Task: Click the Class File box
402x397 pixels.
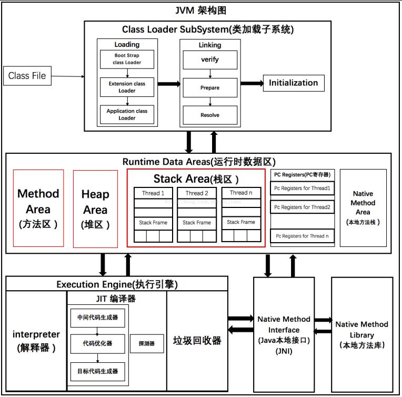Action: coord(27,76)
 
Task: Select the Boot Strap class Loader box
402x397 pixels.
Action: coord(127,59)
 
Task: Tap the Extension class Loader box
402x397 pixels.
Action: coord(127,87)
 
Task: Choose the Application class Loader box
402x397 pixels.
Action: coord(127,114)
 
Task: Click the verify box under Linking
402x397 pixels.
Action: coord(209,59)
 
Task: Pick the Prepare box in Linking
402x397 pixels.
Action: coord(209,87)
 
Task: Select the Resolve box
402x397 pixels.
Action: coord(209,115)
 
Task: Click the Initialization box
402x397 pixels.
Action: coord(293,83)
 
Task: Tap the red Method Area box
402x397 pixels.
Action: coord(38,208)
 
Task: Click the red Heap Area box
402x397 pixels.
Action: coord(95,208)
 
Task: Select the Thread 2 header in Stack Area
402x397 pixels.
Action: coord(197,193)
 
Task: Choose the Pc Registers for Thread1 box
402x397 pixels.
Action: coord(302,188)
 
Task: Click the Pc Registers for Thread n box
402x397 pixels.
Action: coord(302,236)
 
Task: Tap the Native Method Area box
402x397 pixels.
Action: coord(363,207)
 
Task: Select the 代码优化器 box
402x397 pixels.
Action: coord(98,343)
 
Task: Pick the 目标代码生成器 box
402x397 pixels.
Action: coord(98,371)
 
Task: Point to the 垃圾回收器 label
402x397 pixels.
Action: coord(197,340)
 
